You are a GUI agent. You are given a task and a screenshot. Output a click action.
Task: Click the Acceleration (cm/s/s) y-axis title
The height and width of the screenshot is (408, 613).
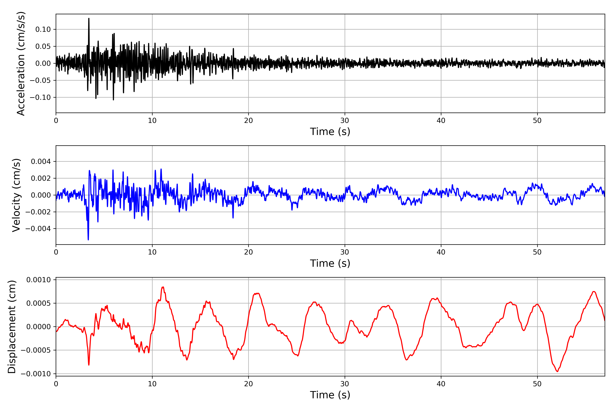[x=21, y=63]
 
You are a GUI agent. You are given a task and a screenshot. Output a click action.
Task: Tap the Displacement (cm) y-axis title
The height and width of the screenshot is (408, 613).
[x=12, y=327]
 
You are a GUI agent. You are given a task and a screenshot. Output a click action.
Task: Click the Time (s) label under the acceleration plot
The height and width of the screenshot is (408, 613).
[x=330, y=132]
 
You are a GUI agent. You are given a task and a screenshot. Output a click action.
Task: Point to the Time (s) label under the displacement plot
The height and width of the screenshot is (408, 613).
[x=330, y=395]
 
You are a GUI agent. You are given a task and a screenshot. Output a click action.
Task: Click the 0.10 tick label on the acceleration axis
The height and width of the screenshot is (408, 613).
[x=43, y=29]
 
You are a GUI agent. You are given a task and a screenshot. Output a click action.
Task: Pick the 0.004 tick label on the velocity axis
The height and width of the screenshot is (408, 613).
[x=41, y=162]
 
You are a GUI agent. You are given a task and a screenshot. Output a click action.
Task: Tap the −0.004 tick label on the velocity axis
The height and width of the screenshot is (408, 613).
[x=38, y=229]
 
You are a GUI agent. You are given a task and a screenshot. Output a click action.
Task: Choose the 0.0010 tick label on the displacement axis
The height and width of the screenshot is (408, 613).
[x=39, y=280]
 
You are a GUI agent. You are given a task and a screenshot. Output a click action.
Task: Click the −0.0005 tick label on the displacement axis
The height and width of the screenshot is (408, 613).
[x=36, y=350]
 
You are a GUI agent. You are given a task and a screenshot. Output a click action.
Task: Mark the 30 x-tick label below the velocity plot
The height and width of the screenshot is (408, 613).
[x=344, y=252]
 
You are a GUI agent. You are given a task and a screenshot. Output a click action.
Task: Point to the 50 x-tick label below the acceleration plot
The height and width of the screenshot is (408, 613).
[x=537, y=121]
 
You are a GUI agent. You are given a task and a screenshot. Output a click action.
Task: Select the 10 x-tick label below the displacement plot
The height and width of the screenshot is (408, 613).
[x=152, y=384]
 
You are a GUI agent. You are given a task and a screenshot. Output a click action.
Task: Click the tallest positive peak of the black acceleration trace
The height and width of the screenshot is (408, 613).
[x=89, y=19]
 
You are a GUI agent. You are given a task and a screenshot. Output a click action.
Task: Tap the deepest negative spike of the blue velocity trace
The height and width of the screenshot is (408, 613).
[x=88, y=239]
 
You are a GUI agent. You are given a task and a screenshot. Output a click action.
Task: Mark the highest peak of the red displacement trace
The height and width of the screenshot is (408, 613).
[x=163, y=287]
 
